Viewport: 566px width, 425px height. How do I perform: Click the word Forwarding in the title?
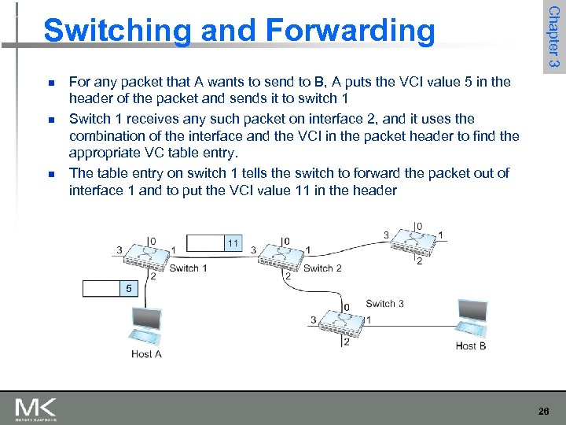(x=351, y=31)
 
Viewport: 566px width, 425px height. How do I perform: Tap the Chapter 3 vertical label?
(x=553, y=37)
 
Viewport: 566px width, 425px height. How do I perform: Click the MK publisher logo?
(x=36, y=408)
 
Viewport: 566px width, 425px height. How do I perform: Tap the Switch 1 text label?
(x=189, y=268)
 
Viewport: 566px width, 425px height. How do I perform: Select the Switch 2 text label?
(x=322, y=268)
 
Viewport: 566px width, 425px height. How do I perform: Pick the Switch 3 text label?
(x=384, y=304)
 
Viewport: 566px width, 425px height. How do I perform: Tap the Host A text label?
(x=147, y=354)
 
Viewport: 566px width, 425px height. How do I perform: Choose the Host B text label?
(x=471, y=346)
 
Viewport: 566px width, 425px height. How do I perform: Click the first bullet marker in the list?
(x=50, y=82)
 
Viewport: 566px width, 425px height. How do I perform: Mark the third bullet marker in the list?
(x=50, y=173)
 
